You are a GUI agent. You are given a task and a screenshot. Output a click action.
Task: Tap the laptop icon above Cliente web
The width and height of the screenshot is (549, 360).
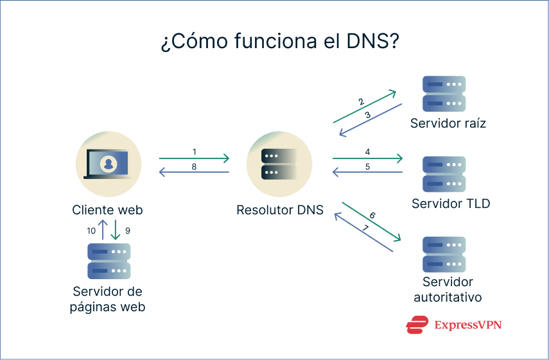(108, 164)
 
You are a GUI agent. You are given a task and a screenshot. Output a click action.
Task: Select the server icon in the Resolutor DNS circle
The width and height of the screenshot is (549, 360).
(279, 164)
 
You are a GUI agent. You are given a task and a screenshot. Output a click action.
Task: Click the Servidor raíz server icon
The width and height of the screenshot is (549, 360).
(444, 94)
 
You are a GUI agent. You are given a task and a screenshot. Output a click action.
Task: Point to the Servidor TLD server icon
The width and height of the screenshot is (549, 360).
(444, 174)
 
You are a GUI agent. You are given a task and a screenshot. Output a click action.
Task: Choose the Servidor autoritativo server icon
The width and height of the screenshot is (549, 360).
(444, 254)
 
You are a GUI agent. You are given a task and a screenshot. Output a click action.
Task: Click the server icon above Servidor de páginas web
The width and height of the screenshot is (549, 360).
(109, 261)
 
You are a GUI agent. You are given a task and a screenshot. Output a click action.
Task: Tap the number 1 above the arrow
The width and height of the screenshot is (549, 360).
(194, 151)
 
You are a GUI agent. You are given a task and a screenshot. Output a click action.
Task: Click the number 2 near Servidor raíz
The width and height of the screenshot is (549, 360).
(362, 101)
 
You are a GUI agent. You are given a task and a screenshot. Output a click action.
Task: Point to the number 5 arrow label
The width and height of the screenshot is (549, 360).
(367, 166)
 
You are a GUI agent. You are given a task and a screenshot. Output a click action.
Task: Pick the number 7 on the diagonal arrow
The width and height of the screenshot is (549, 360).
(365, 227)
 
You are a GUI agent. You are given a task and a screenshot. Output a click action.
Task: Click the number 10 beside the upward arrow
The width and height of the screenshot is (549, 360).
(91, 230)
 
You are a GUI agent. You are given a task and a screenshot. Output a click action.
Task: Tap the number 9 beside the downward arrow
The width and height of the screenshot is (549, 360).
(128, 230)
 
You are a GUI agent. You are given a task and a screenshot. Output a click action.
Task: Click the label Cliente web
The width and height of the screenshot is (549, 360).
(107, 210)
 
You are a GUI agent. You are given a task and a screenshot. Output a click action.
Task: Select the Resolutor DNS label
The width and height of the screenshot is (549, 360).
(279, 210)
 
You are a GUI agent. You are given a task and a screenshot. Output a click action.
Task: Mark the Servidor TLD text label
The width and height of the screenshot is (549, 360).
(451, 204)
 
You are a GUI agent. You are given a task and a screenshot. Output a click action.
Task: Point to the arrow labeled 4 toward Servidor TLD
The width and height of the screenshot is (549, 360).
(367, 158)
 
